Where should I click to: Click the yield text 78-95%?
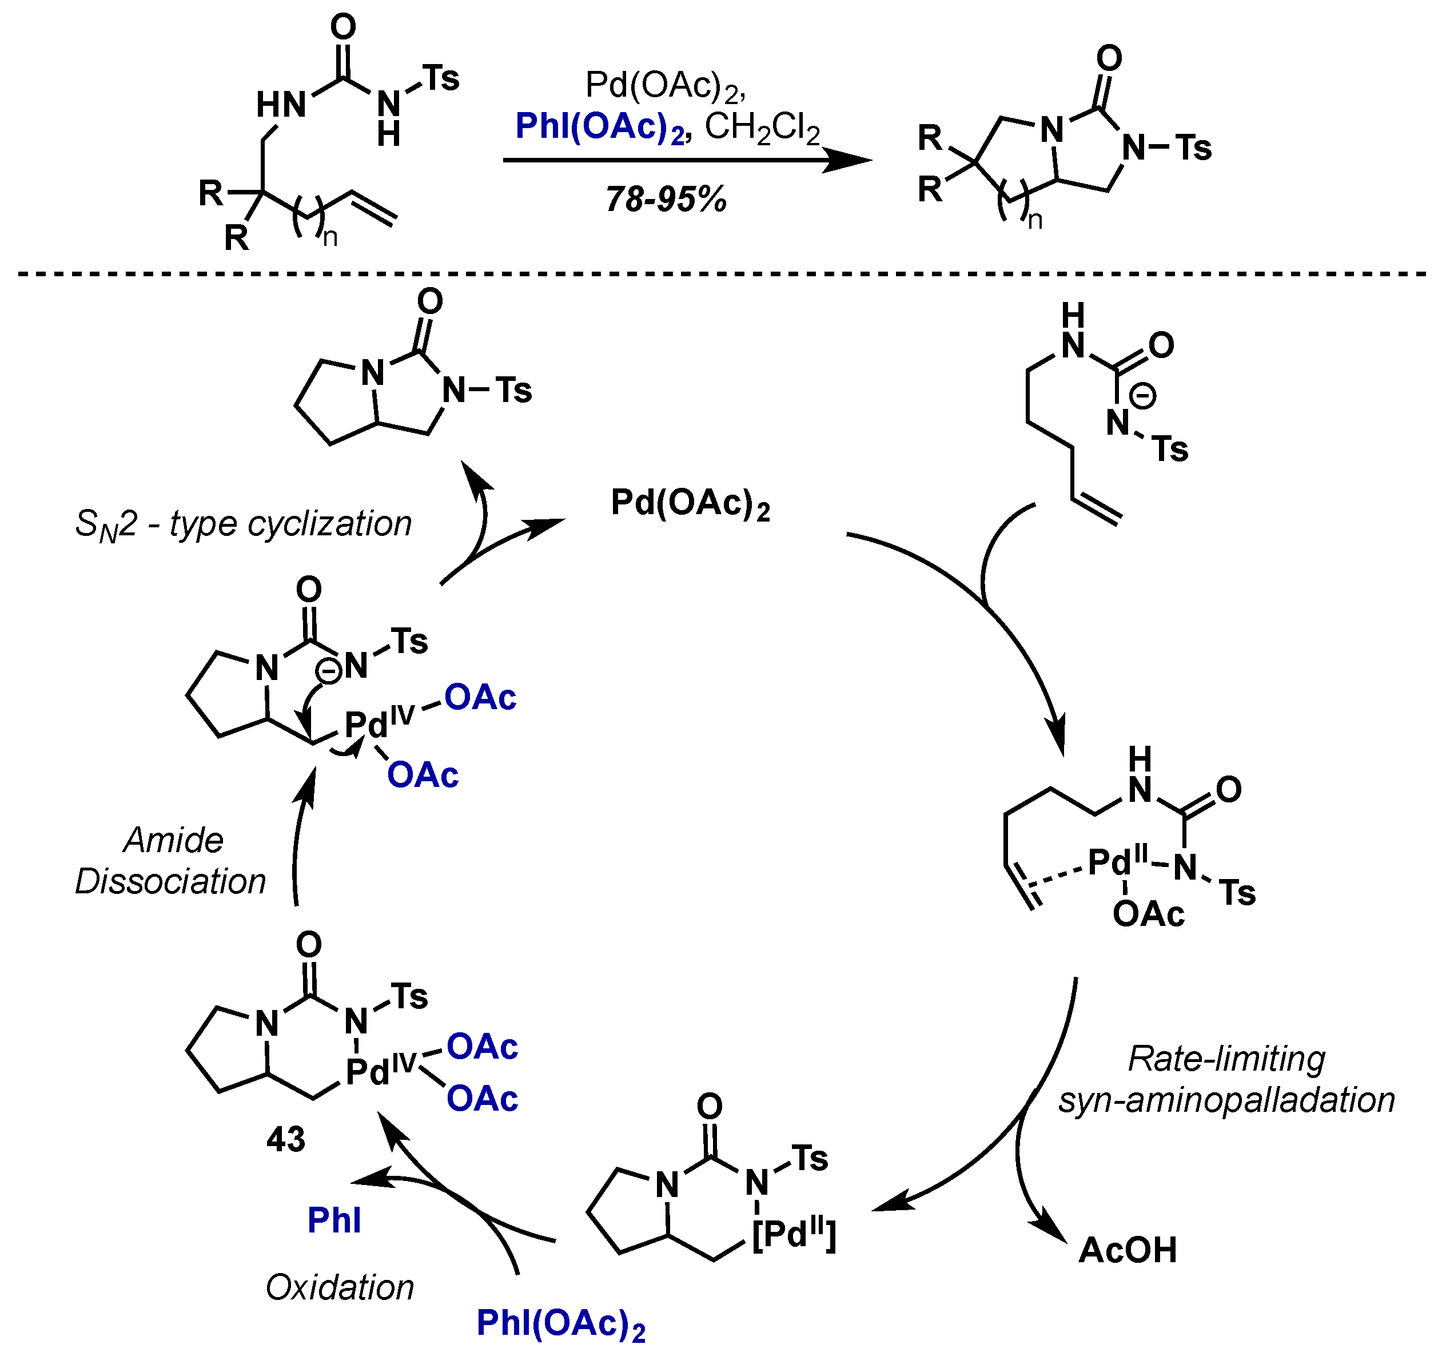(x=666, y=199)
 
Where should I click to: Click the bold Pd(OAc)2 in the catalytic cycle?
(x=690, y=503)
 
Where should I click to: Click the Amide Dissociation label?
(x=172, y=861)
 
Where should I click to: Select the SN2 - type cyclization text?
(x=243, y=524)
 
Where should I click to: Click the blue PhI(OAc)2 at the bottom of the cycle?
(x=560, y=1323)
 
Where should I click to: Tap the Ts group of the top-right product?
(x=1193, y=148)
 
